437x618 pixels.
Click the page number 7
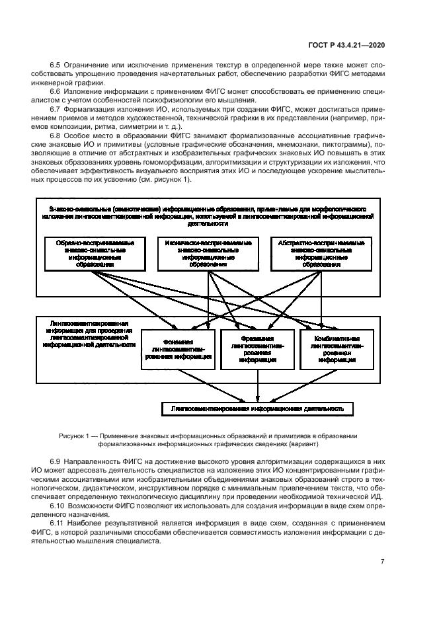(x=382, y=561)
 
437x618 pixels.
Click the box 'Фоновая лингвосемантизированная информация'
(x=178, y=348)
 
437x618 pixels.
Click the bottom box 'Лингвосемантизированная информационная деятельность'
(x=257, y=409)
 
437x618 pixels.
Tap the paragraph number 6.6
(x=56, y=86)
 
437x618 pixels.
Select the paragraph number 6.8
(x=56, y=135)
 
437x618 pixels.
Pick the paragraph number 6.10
(x=58, y=497)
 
